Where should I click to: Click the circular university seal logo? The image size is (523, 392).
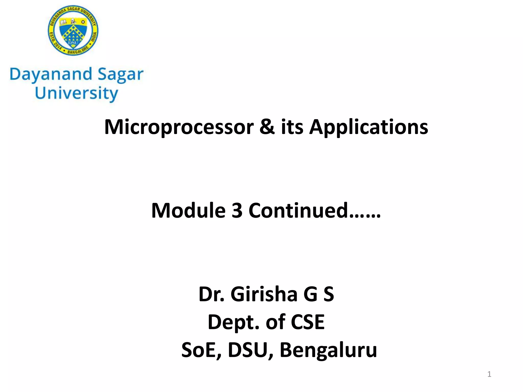click(73, 30)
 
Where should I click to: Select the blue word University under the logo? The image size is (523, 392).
click(76, 93)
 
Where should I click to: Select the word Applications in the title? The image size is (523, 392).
click(369, 127)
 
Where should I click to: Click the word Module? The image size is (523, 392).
click(188, 211)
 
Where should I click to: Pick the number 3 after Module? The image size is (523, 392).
click(237, 211)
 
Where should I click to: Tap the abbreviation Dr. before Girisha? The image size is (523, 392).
click(211, 294)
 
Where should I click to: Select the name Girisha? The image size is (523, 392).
click(264, 294)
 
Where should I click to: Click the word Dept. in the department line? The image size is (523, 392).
click(234, 322)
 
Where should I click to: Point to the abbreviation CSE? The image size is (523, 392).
click(307, 322)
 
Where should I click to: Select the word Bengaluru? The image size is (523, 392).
click(328, 350)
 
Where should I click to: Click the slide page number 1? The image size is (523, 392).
click(489, 374)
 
